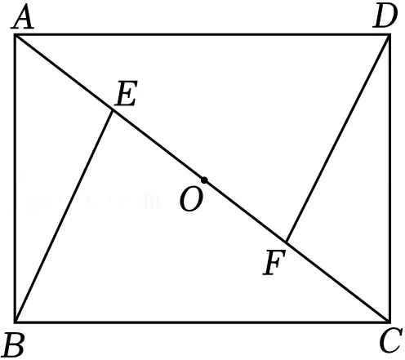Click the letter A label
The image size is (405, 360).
[x=23, y=18]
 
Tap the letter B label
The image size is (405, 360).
[x=14, y=345]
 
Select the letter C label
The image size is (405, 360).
[x=391, y=340]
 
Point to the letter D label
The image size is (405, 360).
[x=385, y=17]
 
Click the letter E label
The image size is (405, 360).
[x=126, y=93]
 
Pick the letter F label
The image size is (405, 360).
[x=274, y=263]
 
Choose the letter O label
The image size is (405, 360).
[x=191, y=200]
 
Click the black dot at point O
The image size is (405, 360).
[x=204, y=180]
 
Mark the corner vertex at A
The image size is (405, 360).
[x=16, y=35]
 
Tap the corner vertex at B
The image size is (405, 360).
[x=16, y=322]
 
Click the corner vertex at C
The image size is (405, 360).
[x=389, y=322]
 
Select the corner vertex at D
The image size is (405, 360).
[x=389, y=35]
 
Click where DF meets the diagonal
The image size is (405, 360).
[x=287, y=242]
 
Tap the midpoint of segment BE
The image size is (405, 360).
[x=64, y=216]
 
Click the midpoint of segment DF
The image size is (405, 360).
[x=338, y=139]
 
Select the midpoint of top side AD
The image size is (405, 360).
[x=202, y=34]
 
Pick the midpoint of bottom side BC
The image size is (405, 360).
[x=202, y=322]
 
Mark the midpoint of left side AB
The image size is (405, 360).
[x=16, y=179]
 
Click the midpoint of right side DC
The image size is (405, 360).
[x=389, y=179]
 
